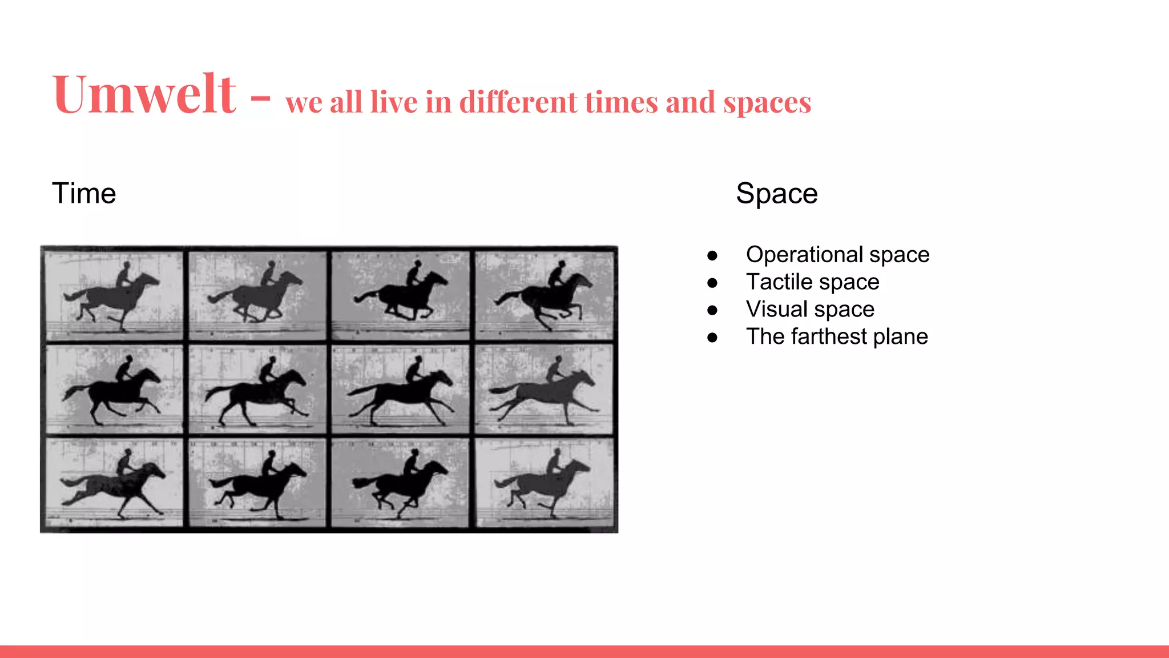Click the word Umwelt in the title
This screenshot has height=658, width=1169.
click(144, 94)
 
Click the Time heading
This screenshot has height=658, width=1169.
click(84, 193)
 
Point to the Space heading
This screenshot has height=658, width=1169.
click(776, 193)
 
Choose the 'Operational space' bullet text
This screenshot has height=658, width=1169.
click(837, 255)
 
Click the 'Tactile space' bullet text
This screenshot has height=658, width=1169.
click(812, 282)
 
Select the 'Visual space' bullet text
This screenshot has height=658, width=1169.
click(810, 310)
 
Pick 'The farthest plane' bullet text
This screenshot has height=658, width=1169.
click(837, 337)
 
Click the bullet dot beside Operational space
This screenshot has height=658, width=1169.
click(712, 255)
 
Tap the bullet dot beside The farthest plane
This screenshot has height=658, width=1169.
click(712, 338)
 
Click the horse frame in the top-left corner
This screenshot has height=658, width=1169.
click(114, 295)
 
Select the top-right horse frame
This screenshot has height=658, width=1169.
click(545, 295)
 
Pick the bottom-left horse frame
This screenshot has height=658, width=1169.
click(114, 483)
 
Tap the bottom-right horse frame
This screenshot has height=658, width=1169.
click(545, 483)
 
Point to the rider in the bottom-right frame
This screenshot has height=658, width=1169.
click(554, 462)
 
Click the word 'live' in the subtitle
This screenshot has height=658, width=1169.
click(393, 103)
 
